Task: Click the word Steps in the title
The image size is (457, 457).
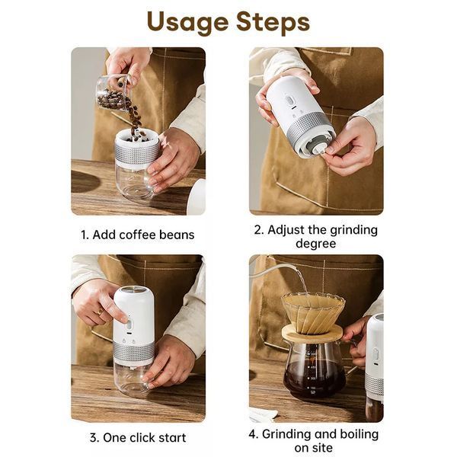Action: [x=273, y=22]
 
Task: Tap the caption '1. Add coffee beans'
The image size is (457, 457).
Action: [x=138, y=235]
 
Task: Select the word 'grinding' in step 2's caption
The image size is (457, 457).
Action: [x=353, y=230]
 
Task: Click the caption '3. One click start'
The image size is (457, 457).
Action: [x=138, y=437]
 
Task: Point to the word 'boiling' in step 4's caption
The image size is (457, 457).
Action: [x=359, y=435]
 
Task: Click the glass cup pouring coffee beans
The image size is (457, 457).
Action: [x=113, y=93]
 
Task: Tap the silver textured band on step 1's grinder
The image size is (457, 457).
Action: [x=137, y=154]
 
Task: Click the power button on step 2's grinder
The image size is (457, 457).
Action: [x=289, y=101]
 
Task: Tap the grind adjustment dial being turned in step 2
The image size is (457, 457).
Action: [x=318, y=148]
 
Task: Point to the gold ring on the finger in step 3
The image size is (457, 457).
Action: [x=100, y=312]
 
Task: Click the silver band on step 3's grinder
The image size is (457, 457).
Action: [x=134, y=353]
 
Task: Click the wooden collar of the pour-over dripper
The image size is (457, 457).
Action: [x=312, y=333]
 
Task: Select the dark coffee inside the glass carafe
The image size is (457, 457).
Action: [x=314, y=379]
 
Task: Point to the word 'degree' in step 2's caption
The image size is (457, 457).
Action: [x=315, y=244]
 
